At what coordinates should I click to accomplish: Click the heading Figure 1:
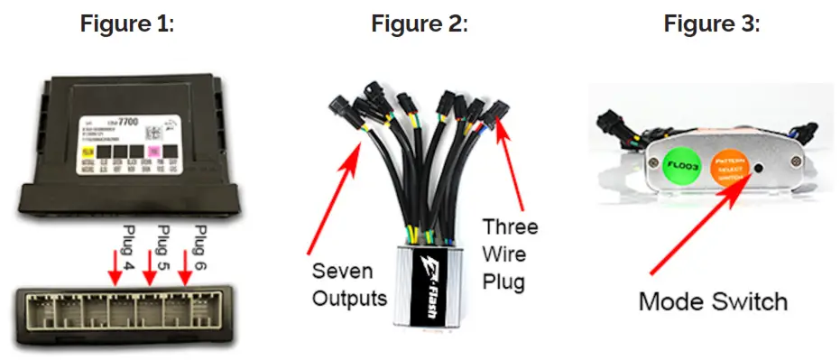[126, 24]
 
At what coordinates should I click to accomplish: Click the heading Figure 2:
[420, 24]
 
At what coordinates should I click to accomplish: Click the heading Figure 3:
[712, 24]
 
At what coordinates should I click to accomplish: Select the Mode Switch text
[713, 301]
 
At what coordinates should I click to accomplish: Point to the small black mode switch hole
[758, 167]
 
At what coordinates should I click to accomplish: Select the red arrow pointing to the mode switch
[699, 225]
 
